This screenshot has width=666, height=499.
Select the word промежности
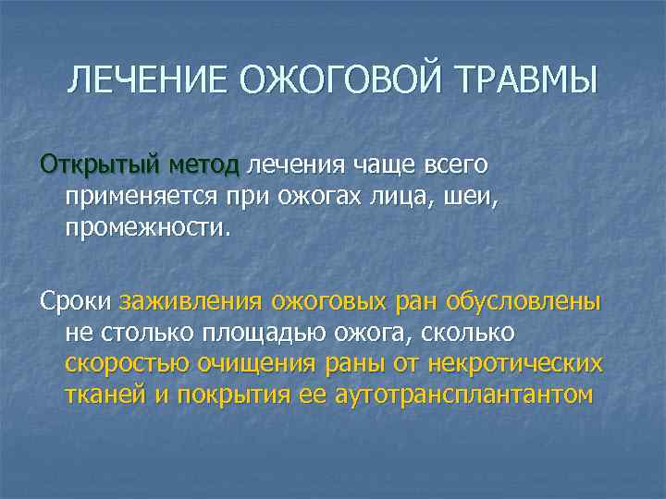(145, 226)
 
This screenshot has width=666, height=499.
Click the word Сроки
(75, 301)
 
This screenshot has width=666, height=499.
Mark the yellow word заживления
(190, 301)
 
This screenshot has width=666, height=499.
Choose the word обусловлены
(523, 301)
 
